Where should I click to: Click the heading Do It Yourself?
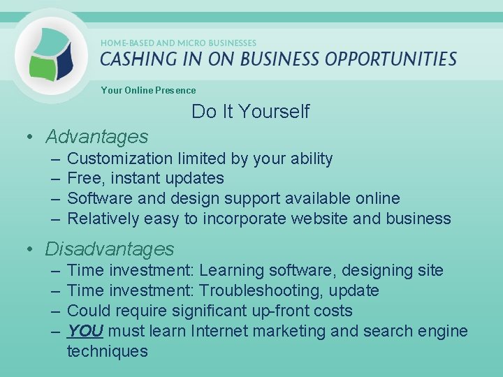(250, 112)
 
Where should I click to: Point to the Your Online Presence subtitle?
(148, 90)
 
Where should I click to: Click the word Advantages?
(97, 136)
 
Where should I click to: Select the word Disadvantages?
(110, 249)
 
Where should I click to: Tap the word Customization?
(122, 158)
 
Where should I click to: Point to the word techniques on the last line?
(107, 351)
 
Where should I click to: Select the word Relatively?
(103, 219)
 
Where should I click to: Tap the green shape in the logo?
(43, 68)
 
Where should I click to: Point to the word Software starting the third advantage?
(96, 198)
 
